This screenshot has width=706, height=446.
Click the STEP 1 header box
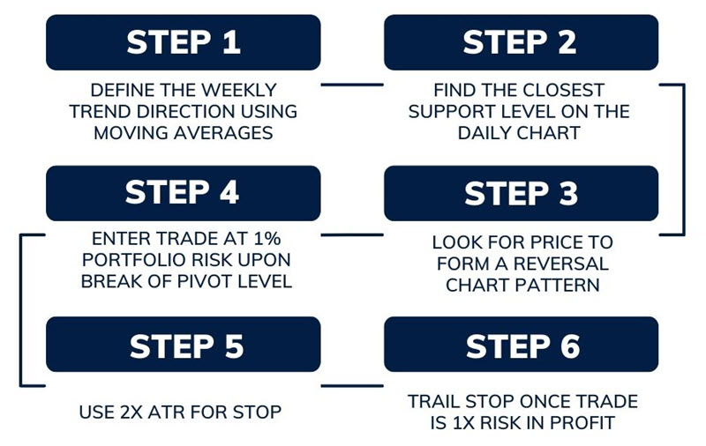tap(183, 42)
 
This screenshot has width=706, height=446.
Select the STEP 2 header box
tap(521, 42)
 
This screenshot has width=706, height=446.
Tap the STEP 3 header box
tap(521, 193)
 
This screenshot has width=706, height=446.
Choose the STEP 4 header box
tap(183, 193)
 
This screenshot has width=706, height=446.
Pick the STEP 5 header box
tap(183, 345)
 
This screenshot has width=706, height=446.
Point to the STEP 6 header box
tap(521, 345)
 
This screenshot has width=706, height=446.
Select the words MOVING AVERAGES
tap(183, 133)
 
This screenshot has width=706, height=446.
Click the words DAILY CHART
tap(521, 133)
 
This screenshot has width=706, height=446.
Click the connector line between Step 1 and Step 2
tap(351, 85)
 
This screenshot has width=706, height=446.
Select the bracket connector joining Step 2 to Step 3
tap(683, 160)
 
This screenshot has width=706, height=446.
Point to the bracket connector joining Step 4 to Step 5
tap(20, 309)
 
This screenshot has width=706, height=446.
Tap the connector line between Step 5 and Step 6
tap(351, 386)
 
